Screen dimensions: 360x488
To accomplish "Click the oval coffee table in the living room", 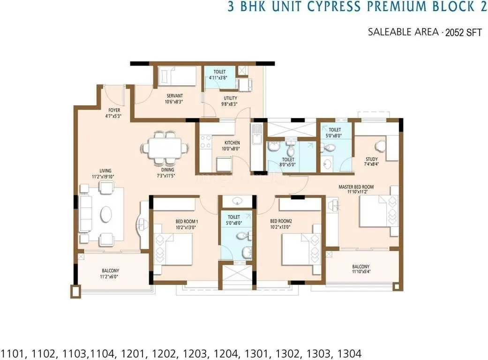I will (106, 215).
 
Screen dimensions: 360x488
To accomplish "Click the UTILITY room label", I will (230, 98).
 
